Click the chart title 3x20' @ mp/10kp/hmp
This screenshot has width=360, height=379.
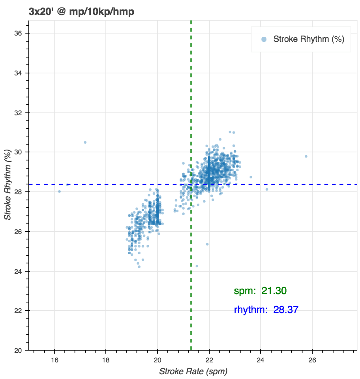tap(82, 12)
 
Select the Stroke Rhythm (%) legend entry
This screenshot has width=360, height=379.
tap(308, 39)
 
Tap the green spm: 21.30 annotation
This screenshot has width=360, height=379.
tap(260, 291)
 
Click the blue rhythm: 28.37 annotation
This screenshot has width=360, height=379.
tap(266, 310)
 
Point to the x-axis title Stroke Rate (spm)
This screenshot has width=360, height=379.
tap(193, 371)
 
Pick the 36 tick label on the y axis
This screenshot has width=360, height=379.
tap(18, 33)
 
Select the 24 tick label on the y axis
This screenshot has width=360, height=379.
tap(18, 271)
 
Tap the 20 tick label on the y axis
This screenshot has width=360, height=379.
tap(18, 350)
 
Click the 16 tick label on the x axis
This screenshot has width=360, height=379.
tap(54, 360)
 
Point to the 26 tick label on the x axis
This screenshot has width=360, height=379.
tap(312, 360)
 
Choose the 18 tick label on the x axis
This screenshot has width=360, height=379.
tap(106, 360)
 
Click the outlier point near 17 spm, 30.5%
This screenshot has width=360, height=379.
tap(85, 142)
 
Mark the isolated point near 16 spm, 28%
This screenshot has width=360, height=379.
tap(59, 191)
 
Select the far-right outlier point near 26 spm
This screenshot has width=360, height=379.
tap(306, 156)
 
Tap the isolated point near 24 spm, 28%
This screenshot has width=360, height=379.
tap(267, 189)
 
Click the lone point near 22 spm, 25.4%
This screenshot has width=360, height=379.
tap(207, 244)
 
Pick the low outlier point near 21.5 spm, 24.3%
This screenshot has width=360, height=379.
tap(197, 266)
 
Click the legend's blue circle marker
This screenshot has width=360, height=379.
tap(264, 39)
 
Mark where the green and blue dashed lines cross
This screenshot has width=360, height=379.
tap(191, 184)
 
